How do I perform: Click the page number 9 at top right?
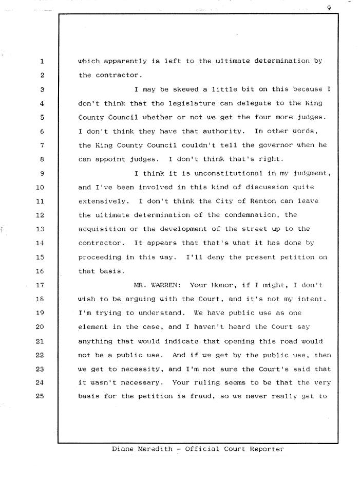[328, 7]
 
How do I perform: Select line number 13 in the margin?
[41, 229]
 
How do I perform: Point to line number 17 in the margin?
[41, 285]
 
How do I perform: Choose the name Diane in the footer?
[123, 449]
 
